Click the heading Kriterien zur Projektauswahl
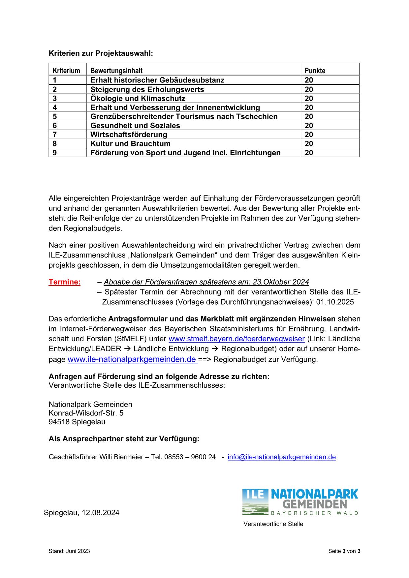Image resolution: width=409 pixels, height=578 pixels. click(101, 53)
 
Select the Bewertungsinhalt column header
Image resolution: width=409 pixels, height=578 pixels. click(116, 71)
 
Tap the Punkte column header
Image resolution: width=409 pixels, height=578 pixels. click(315, 71)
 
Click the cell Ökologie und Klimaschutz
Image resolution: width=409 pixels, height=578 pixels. click(138, 99)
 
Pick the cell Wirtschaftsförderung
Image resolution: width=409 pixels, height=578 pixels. click(129, 135)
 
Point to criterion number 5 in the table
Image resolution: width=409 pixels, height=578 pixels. click(55, 117)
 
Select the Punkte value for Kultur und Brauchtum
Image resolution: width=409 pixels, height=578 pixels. click(309, 144)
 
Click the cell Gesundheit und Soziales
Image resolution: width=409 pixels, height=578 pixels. click(135, 126)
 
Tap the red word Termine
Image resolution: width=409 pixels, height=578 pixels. click(64, 282)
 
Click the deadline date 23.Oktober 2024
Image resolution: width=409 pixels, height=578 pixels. click(281, 282)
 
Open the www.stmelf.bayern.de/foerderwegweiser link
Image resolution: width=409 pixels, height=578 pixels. click(236, 339)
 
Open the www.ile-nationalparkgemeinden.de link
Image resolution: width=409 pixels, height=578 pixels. click(132, 359)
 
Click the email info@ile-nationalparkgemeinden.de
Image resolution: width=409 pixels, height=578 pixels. click(282, 457)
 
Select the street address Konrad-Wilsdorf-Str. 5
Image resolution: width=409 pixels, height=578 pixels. click(86, 413)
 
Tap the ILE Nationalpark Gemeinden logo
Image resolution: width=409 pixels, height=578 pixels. click(300, 502)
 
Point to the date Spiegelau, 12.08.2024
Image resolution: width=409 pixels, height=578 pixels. click(81, 513)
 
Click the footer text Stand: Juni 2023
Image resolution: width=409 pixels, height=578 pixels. click(69, 551)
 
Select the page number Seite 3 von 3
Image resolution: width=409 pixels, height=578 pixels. click(344, 551)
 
